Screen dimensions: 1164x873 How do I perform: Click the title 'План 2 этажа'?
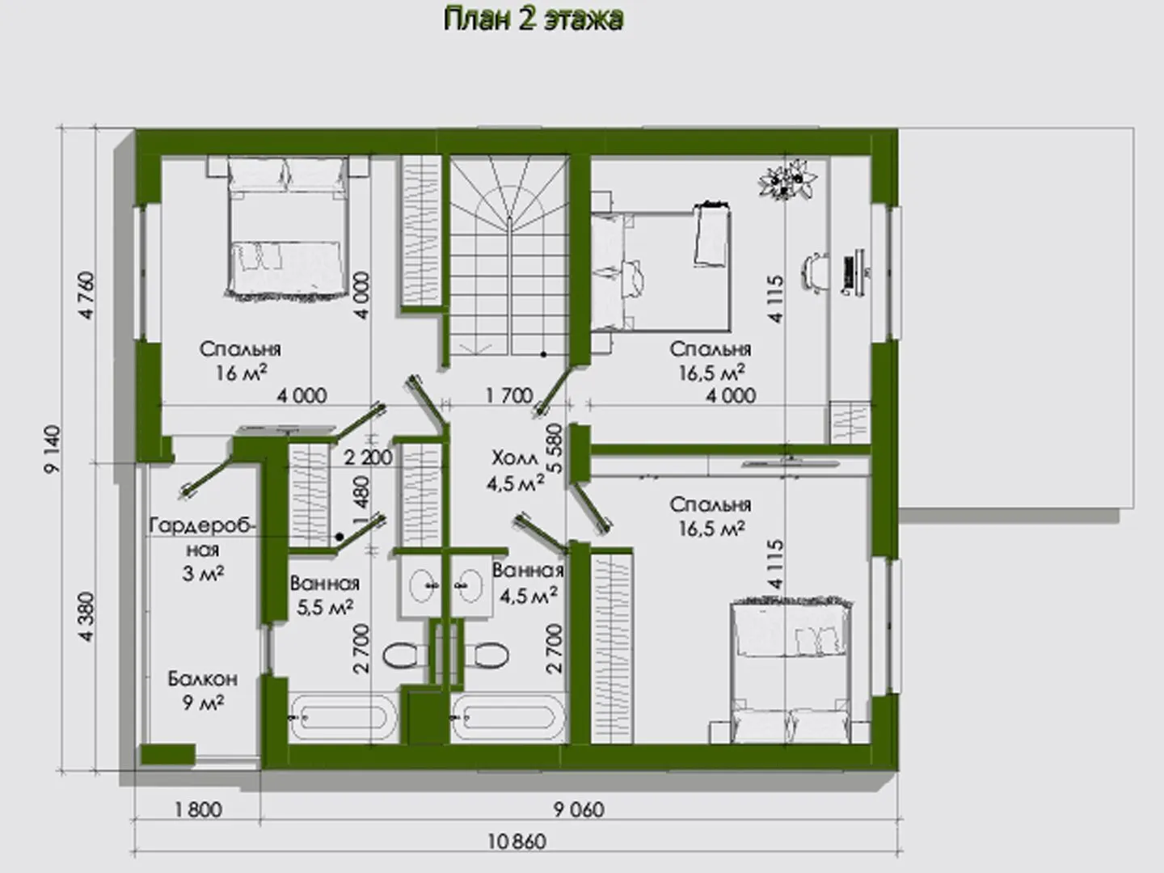click(x=533, y=20)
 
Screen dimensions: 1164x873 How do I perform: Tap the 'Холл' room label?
click(x=514, y=458)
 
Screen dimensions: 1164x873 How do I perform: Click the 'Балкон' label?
click(x=203, y=679)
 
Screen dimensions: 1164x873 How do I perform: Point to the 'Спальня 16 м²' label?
click(x=240, y=361)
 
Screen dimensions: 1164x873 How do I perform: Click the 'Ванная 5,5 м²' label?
click(x=324, y=595)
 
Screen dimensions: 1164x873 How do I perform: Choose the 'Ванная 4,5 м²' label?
click(x=528, y=583)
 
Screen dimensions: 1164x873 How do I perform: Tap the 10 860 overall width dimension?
click(x=517, y=841)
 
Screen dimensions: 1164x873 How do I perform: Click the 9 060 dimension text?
click(x=579, y=809)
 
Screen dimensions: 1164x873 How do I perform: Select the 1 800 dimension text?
click(x=198, y=809)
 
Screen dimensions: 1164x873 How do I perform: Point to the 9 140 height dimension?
click(x=53, y=449)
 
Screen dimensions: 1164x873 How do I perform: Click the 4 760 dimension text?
click(x=87, y=295)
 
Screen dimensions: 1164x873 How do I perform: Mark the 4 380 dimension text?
click(x=87, y=617)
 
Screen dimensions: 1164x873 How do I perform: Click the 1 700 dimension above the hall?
click(x=509, y=395)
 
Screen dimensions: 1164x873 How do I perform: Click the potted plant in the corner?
click(x=788, y=179)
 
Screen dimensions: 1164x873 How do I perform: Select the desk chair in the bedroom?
click(x=816, y=272)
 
